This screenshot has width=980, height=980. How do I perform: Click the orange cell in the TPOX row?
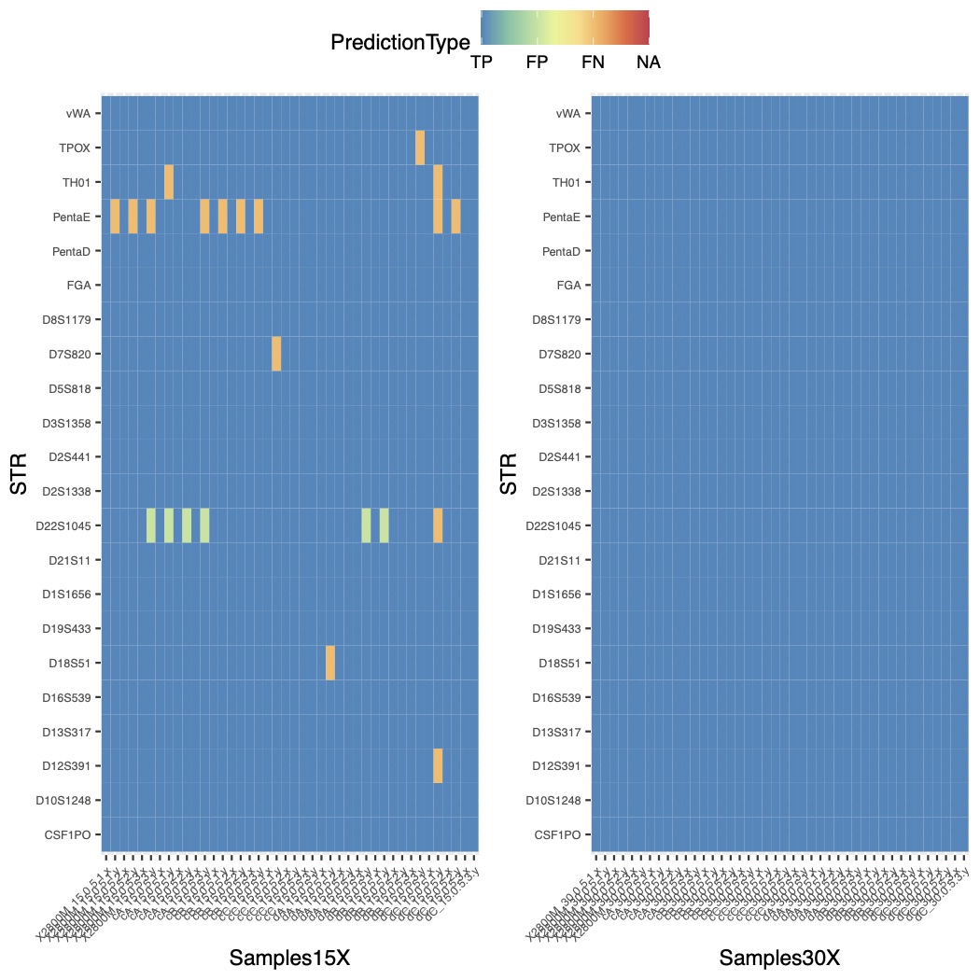point(420,147)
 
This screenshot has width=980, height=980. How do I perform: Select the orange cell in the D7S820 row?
point(276,354)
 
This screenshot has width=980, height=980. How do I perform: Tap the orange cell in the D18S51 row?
point(330,663)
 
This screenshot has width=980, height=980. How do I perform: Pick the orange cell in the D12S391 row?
point(438,765)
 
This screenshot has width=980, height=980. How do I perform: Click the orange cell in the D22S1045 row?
point(438,525)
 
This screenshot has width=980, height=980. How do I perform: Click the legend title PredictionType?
point(399,42)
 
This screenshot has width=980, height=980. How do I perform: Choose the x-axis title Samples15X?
point(289,958)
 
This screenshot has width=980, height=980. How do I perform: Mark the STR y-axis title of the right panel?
point(510,473)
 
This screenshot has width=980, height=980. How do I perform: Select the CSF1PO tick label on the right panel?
point(561,834)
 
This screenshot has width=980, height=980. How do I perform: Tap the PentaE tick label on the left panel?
point(72,217)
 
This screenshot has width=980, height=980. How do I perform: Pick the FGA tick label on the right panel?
point(567,286)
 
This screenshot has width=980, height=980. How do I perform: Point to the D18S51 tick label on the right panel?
point(559,663)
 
